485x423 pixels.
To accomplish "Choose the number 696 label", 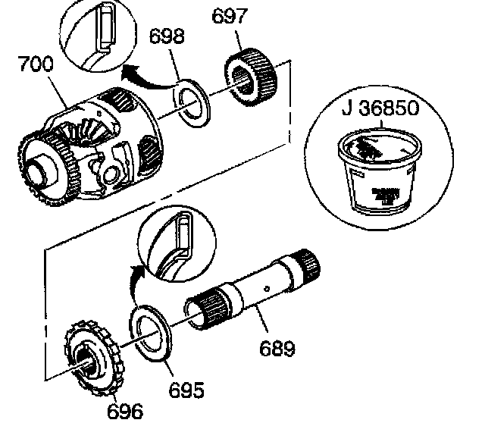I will coord(124,409).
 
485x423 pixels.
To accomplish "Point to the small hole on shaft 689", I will coord(268,288).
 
